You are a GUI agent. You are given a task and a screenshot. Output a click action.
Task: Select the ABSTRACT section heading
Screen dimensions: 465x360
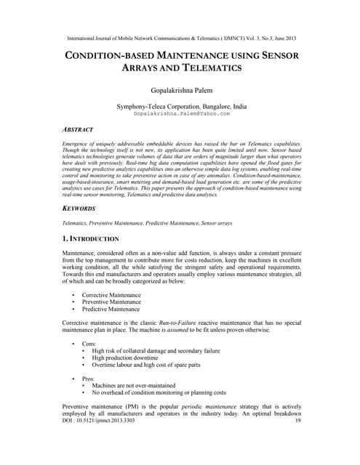77,129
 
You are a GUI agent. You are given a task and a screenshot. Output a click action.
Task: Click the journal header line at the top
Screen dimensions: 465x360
180,38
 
